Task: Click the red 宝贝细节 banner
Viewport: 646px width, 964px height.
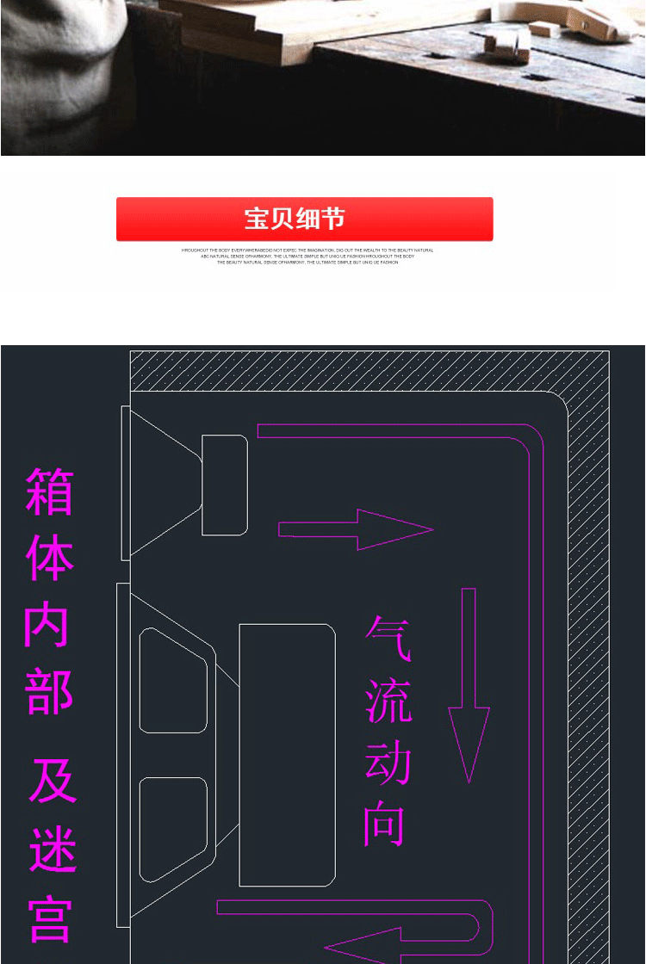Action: pos(304,219)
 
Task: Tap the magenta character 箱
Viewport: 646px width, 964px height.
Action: pos(50,491)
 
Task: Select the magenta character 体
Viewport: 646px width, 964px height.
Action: pos(50,559)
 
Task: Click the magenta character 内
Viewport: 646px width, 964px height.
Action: pos(47,626)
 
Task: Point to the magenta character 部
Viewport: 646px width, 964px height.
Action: pos(49,693)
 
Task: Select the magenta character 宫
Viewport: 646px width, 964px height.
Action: pos(51,918)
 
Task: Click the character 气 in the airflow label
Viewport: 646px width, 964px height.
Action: pos(388,638)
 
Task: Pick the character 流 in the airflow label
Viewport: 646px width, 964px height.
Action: pos(388,701)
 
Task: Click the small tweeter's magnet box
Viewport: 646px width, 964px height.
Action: pos(225,485)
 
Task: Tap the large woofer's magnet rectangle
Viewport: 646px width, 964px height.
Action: pos(287,755)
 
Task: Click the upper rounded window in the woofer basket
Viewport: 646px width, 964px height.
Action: pos(173,681)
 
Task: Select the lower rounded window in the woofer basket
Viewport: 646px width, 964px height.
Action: pos(173,828)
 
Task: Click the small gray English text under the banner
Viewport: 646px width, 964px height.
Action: pos(307,256)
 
